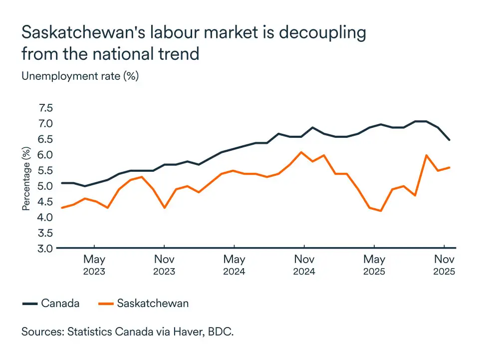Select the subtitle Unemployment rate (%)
[80, 76]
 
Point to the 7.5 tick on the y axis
[45, 108]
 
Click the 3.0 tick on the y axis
[45, 248]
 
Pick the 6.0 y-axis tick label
[45, 155]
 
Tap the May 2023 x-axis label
[94, 265]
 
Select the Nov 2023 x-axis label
[164, 265]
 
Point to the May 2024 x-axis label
[234, 265]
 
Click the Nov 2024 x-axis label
[304, 265]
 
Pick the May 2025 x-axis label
[374, 265]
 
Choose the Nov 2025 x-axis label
[444, 265]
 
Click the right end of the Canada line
[450, 140]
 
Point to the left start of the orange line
[61, 208]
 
